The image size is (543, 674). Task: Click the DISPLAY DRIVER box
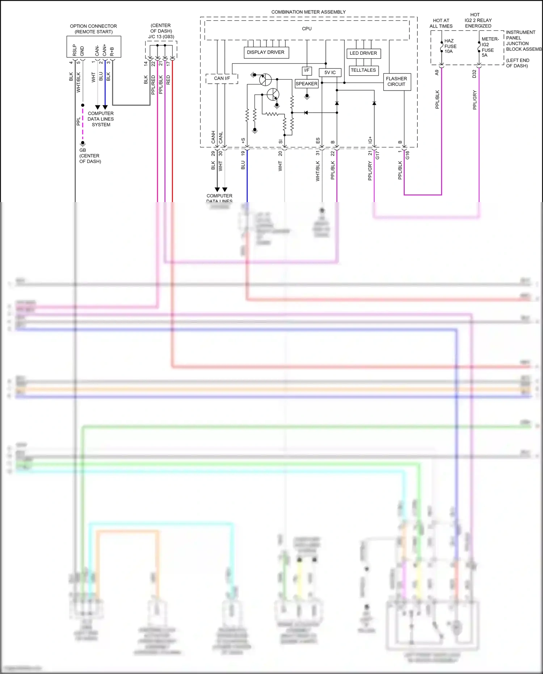coord(265,53)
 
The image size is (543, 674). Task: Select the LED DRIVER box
coord(363,53)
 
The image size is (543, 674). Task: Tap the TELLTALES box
coord(363,70)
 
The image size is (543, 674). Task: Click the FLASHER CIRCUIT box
coord(396,81)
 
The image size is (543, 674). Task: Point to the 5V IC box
coord(330,72)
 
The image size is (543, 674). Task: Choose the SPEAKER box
coord(306,84)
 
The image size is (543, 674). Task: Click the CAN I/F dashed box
coord(222,78)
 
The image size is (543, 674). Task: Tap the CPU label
coord(307,29)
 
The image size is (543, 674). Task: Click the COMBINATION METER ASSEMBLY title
coord(308,12)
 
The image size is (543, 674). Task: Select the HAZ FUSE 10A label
coord(450,46)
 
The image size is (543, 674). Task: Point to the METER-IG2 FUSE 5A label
coord(489,47)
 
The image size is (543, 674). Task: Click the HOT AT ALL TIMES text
coord(441,23)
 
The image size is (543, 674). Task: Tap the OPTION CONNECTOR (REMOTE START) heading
coord(93,29)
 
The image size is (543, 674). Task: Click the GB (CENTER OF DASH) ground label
coord(90,156)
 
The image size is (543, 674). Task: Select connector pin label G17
coord(378,155)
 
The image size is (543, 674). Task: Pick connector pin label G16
coord(408,155)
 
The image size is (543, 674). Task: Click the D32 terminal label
coord(474,74)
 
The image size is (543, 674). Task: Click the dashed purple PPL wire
coord(83,123)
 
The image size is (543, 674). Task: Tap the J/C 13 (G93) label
coord(161,37)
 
